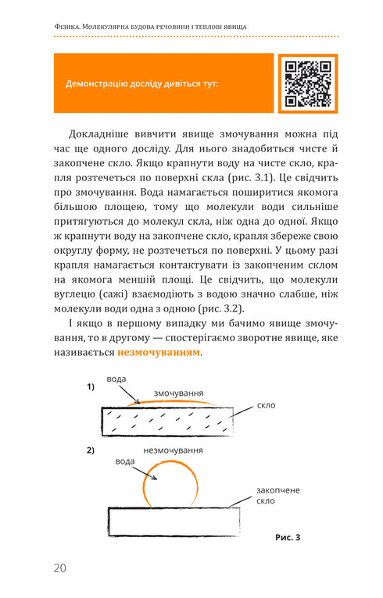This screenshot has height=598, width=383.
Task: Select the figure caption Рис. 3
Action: coord(288,537)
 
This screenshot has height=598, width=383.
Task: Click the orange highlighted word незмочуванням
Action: coord(159,352)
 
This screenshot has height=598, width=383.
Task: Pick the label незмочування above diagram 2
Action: coord(174,450)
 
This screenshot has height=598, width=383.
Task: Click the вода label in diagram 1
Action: coord(116,378)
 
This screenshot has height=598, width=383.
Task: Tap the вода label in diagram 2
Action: coord(125,461)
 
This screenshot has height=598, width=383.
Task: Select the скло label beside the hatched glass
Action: coord(266,406)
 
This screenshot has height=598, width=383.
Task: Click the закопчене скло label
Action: coord(277,495)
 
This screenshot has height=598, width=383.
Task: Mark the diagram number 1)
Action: coord(91,387)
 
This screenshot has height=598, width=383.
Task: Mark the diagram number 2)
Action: coord(91,450)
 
